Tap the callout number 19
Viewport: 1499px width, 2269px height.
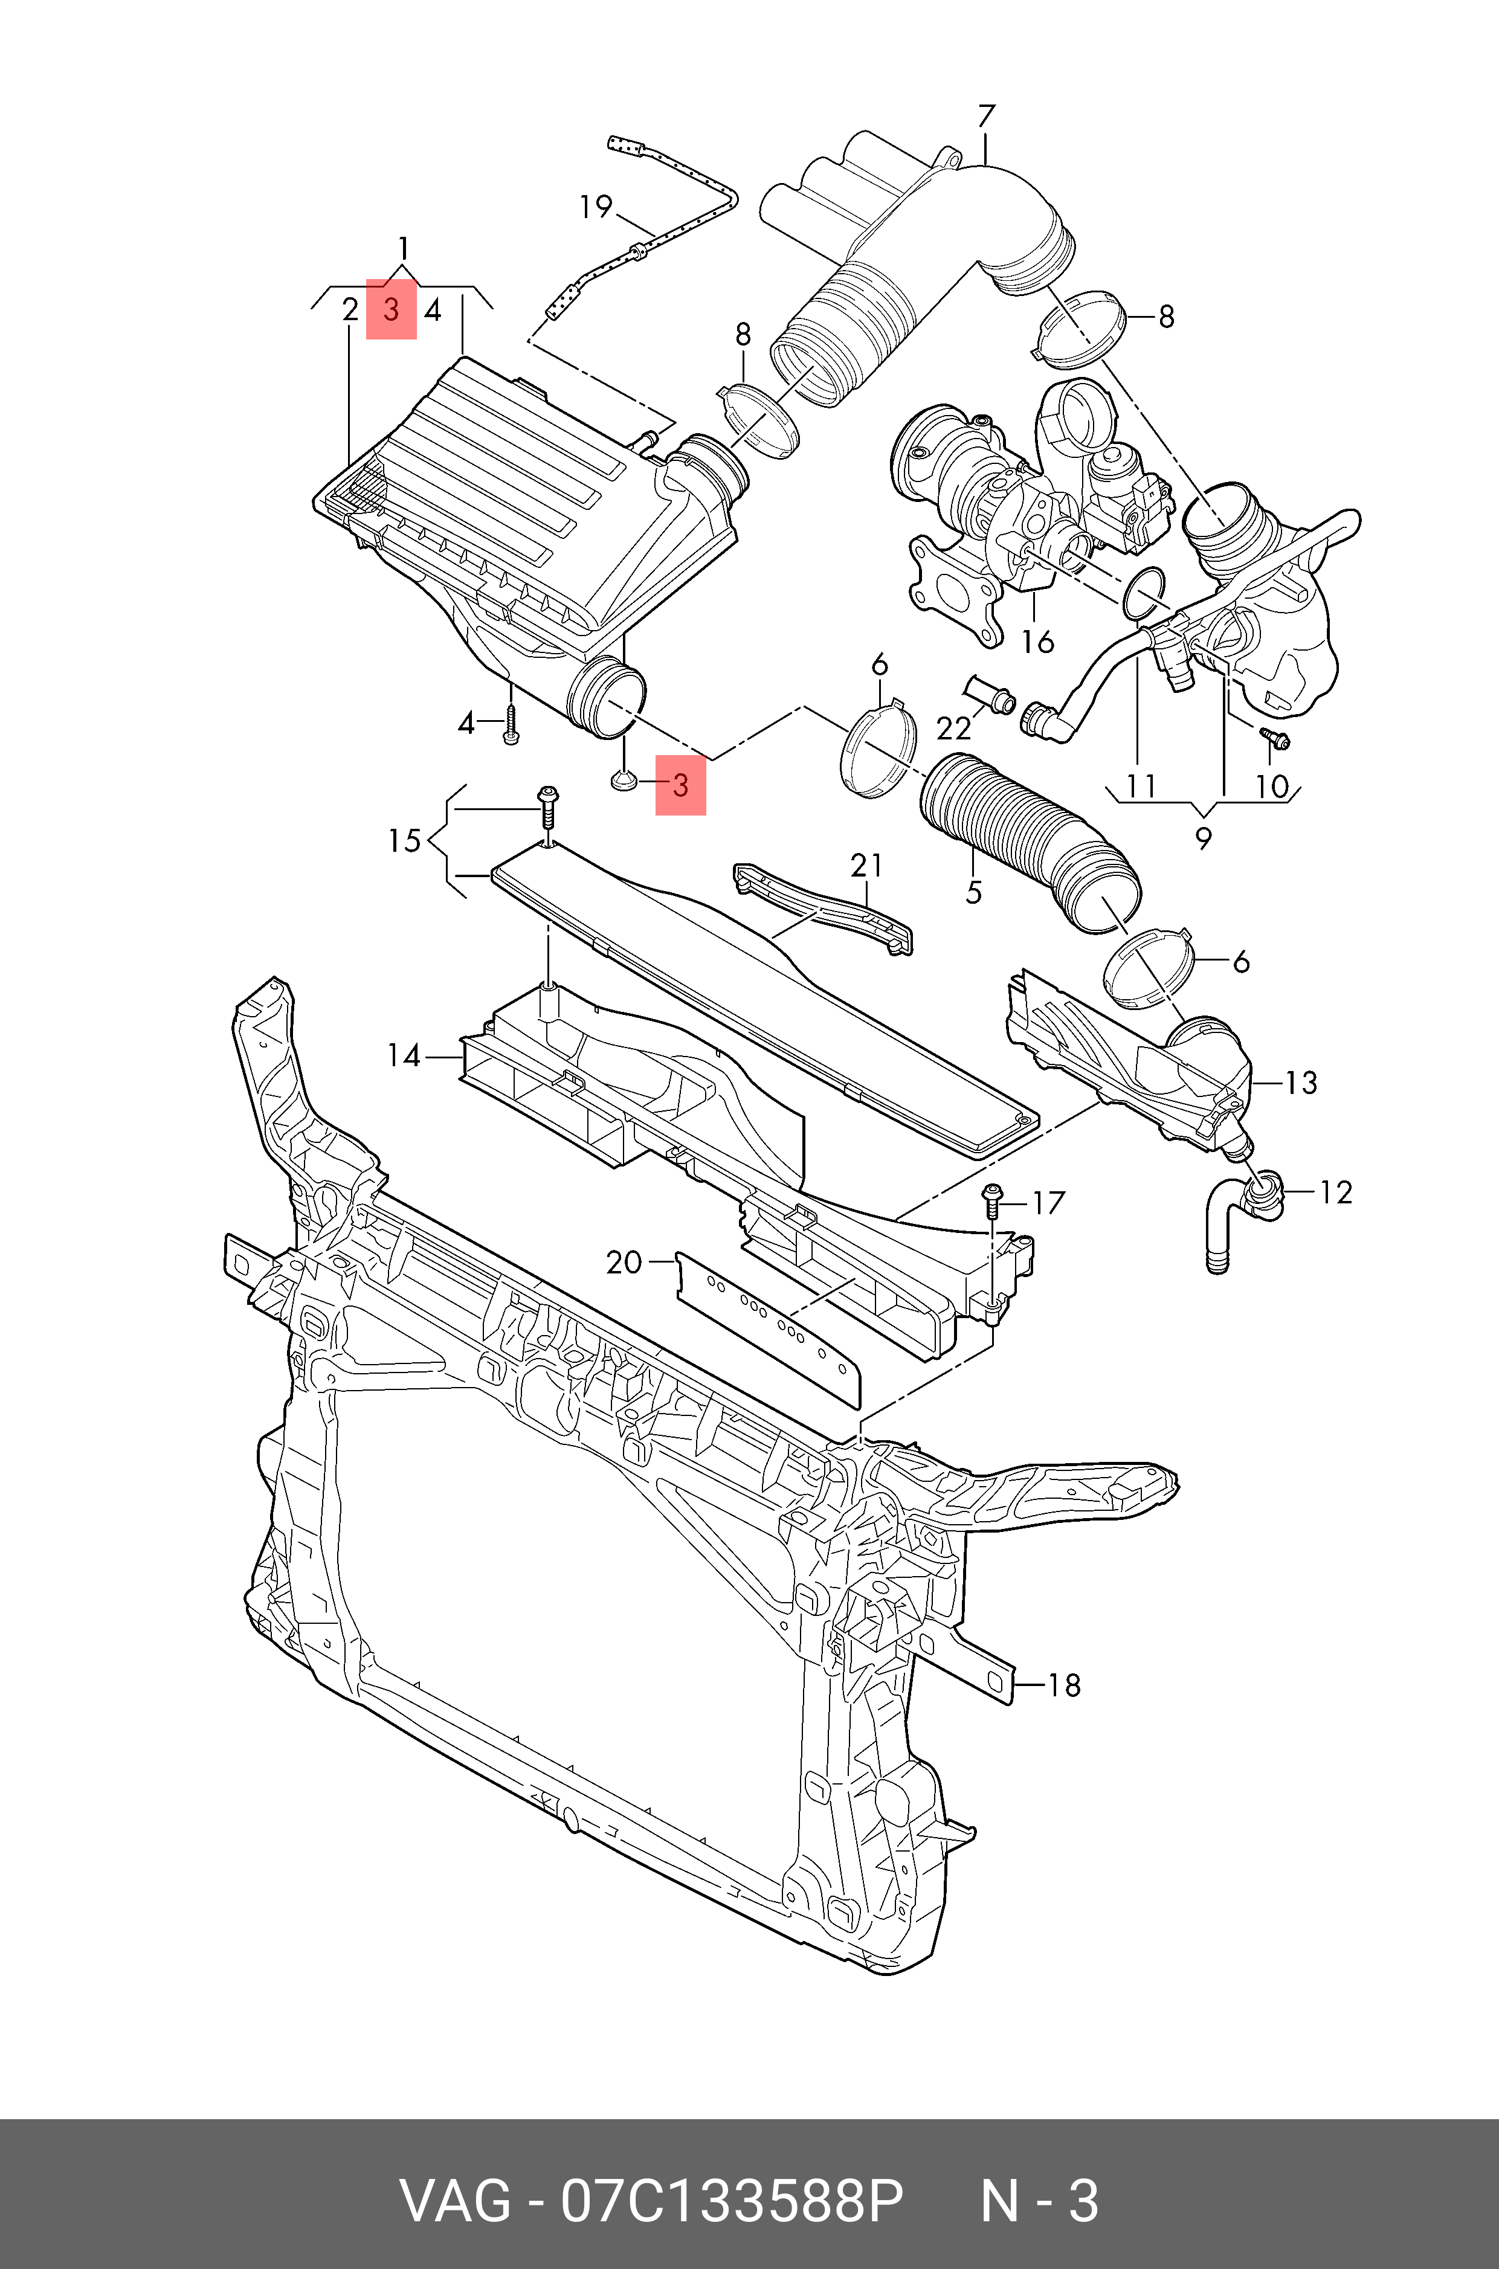596,207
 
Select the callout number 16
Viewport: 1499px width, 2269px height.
1037,642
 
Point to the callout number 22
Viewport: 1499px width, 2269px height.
953,729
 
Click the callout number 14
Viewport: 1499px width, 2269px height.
404,1056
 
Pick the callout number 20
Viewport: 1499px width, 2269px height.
624,1263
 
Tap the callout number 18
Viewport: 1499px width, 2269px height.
1064,1685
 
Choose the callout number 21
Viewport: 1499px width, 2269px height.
866,866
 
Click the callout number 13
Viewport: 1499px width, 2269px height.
1301,1083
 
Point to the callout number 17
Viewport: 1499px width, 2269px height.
1049,1202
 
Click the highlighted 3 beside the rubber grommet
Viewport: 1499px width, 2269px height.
680,786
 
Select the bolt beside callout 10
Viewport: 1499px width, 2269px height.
1275,739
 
